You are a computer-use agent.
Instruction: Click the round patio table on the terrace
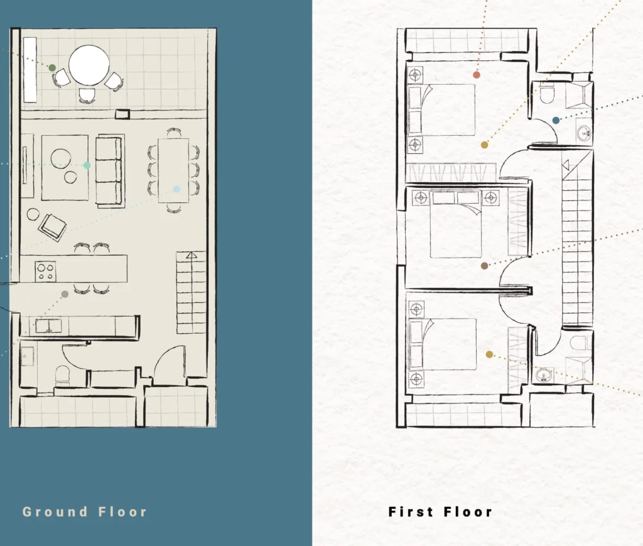pyautogui.click(x=89, y=65)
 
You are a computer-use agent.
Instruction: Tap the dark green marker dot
pyautogui.click(x=52, y=68)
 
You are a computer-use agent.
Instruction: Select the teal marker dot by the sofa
pyautogui.click(x=87, y=165)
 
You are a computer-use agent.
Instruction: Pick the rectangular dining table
pyautogui.click(x=173, y=170)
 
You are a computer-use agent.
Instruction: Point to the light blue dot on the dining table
pyautogui.click(x=176, y=189)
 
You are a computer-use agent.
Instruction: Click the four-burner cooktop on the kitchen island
pyautogui.click(x=45, y=271)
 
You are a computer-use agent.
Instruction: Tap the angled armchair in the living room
pyautogui.click(x=53, y=227)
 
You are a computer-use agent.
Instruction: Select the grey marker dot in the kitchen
pyautogui.click(x=65, y=294)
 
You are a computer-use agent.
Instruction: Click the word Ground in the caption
pyautogui.click(x=55, y=511)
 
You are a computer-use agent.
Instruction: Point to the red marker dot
pyautogui.click(x=476, y=75)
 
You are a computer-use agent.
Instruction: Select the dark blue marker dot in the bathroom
pyautogui.click(x=556, y=120)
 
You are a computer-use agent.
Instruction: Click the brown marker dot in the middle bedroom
pyautogui.click(x=484, y=266)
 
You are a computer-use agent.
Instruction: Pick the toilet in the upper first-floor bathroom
pyautogui.click(x=547, y=95)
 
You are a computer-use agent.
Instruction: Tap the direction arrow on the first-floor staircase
pyautogui.click(x=566, y=165)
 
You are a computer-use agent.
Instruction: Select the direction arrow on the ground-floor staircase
pyautogui.click(x=192, y=255)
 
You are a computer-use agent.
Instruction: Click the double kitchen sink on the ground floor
pyautogui.click(x=48, y=326)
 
